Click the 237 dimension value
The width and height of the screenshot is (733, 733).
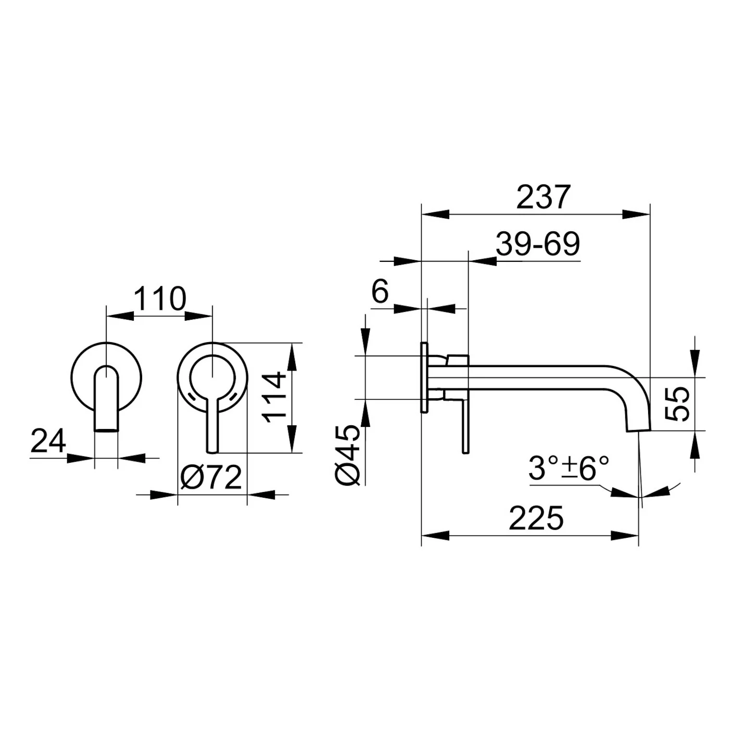tap(544, 197)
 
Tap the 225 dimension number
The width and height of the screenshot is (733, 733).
tap(536, 518)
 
